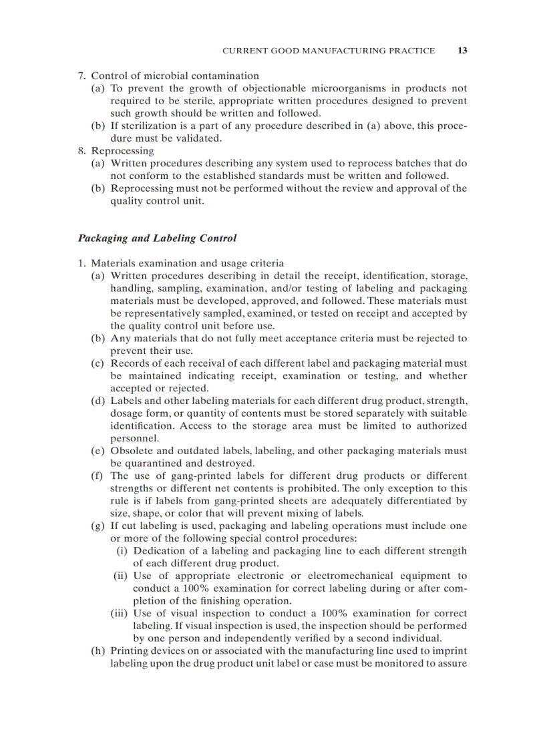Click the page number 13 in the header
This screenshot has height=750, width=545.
click(462, 51)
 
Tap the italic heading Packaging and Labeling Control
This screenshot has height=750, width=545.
click(157, 238)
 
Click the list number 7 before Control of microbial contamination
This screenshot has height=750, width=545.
click(82, 76)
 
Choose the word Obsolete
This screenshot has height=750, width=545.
click(132, 451)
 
